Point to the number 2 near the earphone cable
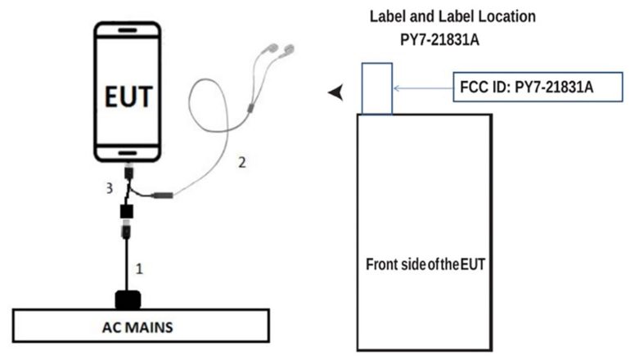coord(241,162)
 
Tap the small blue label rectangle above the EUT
coord(376,88)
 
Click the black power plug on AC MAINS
coord(129,299)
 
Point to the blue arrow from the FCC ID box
coord(421,87)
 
